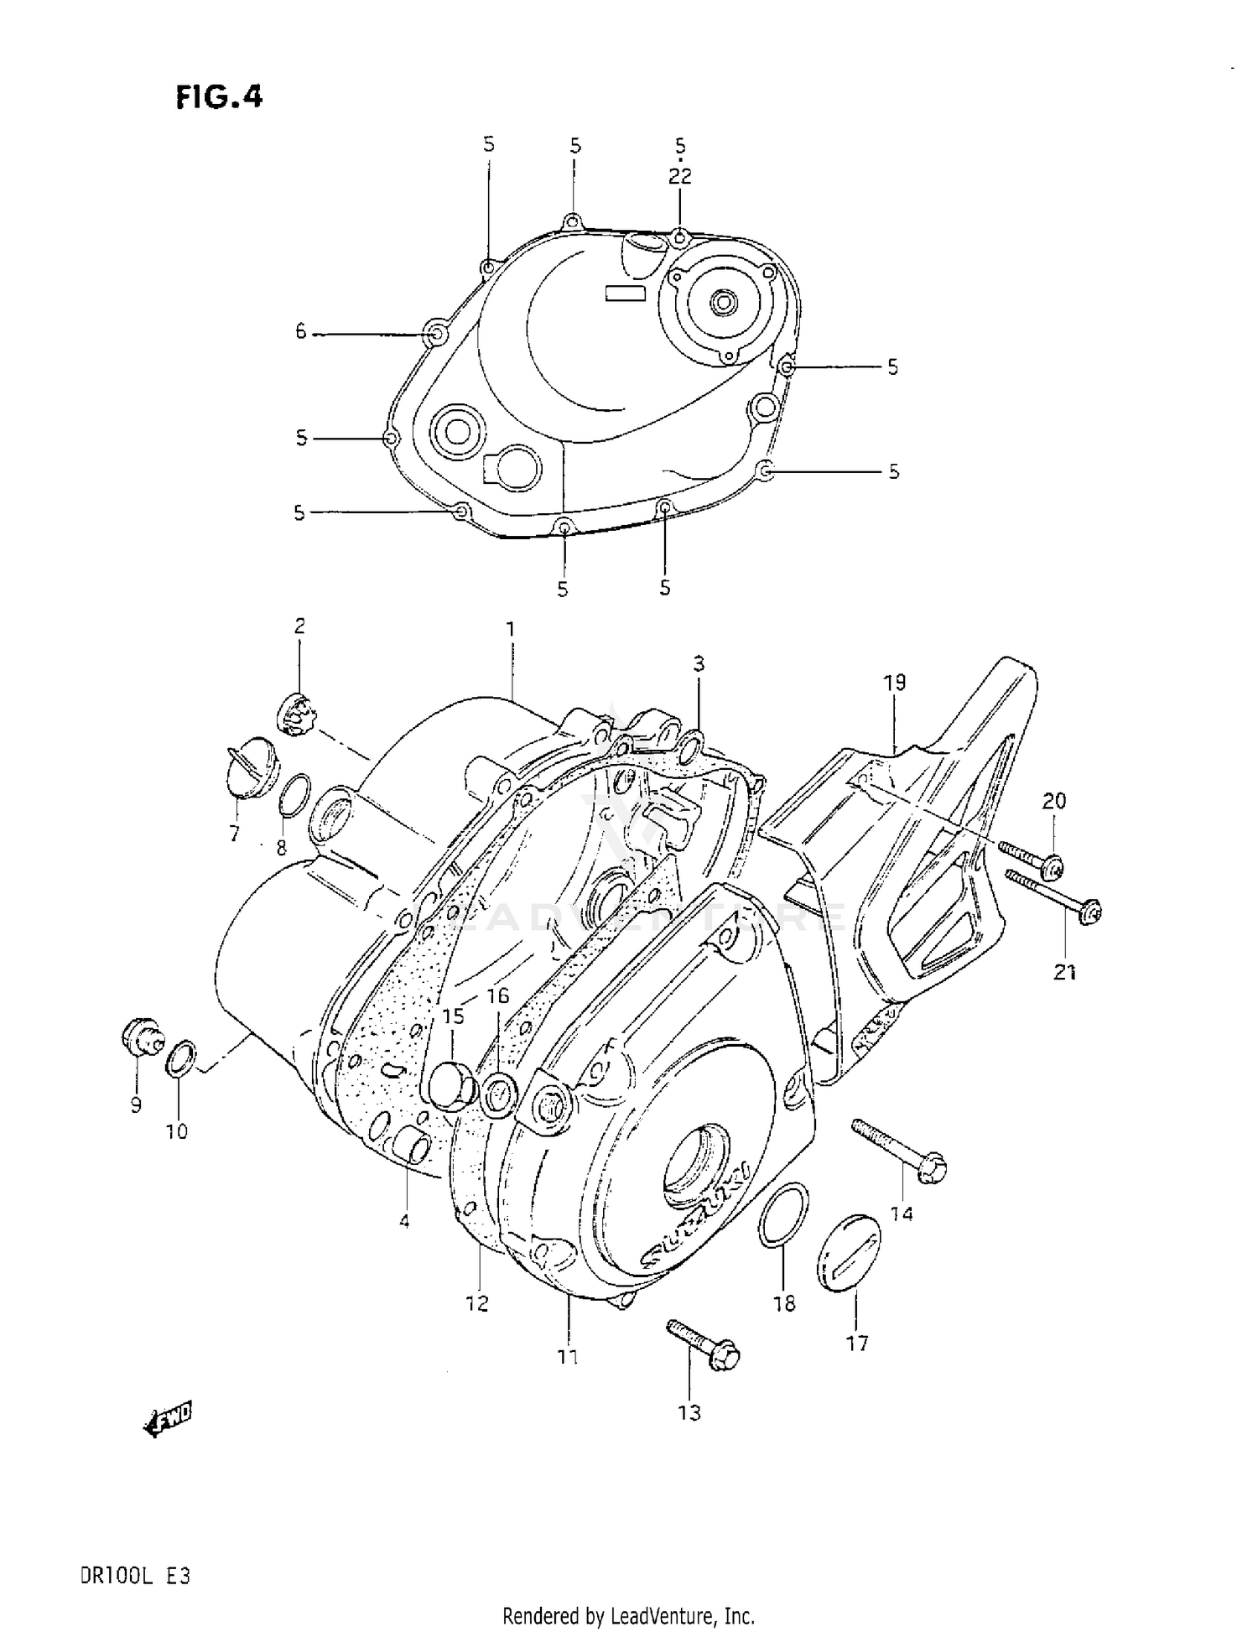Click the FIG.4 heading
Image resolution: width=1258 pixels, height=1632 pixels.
[x=220, y=97]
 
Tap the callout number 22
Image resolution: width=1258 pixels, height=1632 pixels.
[x=679, y=176]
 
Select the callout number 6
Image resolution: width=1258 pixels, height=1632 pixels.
[x=301, y=332]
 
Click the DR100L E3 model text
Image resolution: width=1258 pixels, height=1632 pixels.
[x=135, y=1575]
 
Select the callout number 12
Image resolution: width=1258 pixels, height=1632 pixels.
[x=476, y=1303]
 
